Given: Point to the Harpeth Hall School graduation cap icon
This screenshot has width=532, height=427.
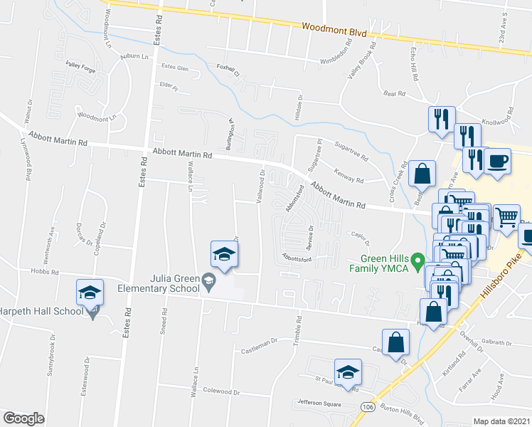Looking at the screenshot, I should coord(90,292).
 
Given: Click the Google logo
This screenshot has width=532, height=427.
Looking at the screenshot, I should coord(23,418).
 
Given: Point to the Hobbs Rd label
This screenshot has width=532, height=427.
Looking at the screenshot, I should coord(43,271).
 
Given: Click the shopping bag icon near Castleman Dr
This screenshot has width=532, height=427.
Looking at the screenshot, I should coord(395,343).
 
